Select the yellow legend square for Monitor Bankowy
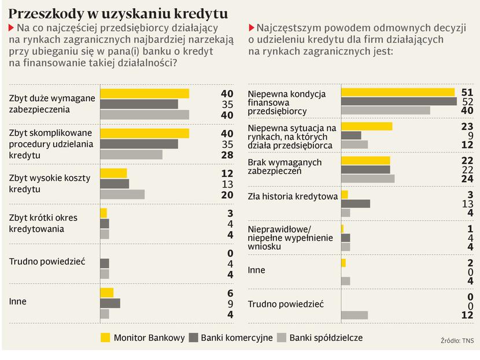105,337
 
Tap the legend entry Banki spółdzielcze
326,337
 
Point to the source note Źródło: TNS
456,342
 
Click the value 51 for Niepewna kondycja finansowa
467,92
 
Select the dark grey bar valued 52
399,102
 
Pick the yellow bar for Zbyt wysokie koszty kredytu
113,173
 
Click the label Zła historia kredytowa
293,196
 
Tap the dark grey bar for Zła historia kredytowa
355,203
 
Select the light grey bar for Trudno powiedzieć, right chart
355,315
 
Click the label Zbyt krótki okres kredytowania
43,223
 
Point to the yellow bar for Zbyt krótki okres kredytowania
104,213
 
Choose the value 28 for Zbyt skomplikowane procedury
227,155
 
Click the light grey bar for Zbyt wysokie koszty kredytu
122,194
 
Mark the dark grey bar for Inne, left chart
110,303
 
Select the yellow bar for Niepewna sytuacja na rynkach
367,126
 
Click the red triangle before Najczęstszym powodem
251,27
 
